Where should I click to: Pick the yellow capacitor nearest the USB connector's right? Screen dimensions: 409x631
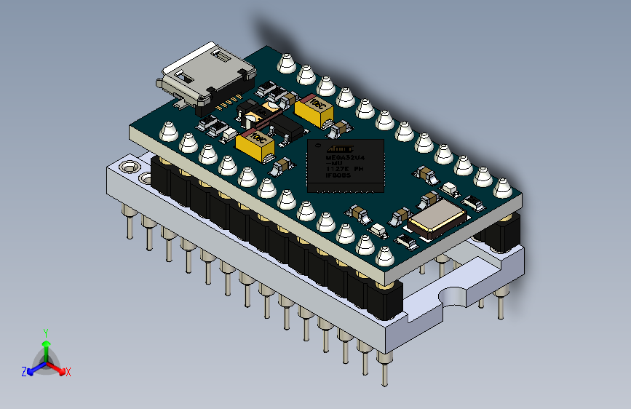click(x=316, y=110)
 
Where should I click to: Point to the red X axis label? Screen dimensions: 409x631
click(x=68, y=373)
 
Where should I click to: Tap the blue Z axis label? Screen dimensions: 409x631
click(x=24, y=372)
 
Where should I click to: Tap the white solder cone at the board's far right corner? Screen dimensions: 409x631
click(x=501, y=188)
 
